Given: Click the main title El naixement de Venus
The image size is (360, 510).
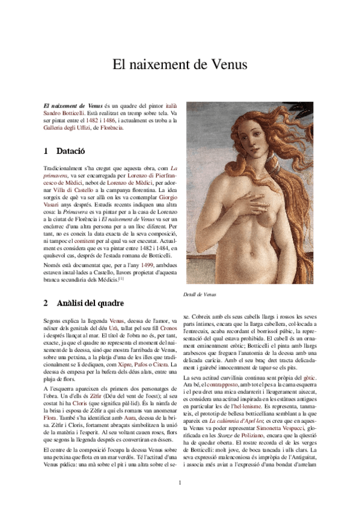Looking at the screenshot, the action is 180,64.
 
